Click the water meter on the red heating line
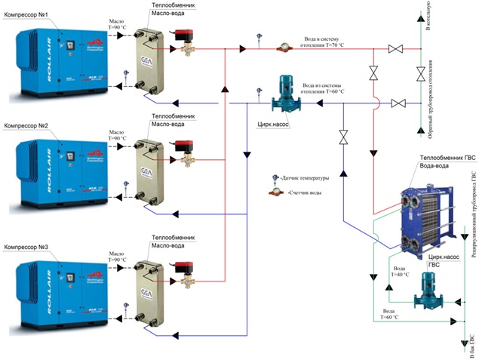[x=284, y=47]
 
